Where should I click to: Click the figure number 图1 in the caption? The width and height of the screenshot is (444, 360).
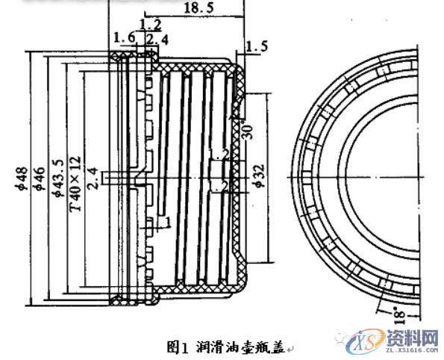(x=177, y=346)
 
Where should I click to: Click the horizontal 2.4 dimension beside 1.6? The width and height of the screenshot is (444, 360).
(x=152, y=38)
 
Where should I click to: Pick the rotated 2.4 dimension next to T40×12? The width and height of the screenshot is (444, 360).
(x=93, y=179)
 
